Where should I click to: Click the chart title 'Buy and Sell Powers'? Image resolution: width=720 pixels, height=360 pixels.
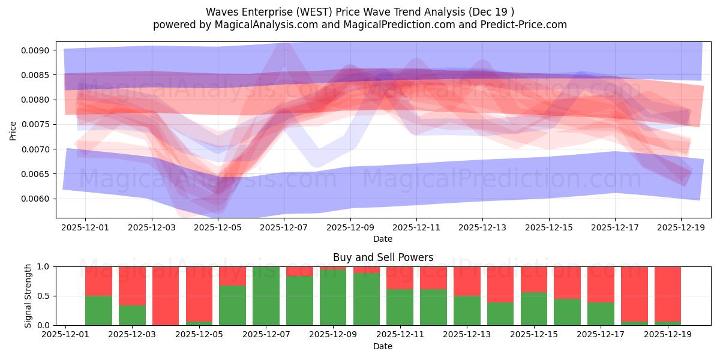(x=383, y=257)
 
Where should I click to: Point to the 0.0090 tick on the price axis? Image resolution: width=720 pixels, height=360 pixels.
(x=37, y=50)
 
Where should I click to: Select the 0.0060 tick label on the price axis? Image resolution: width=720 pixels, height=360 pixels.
(x=37, y=199)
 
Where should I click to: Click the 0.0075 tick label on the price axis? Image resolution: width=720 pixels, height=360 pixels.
(x=37, y=124)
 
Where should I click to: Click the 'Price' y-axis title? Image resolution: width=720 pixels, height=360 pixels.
(x=13, y=130)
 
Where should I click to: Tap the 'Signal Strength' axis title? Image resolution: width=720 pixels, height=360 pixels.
(x=28, y=296)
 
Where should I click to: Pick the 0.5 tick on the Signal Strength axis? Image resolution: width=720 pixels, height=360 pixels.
(x=44, y=296)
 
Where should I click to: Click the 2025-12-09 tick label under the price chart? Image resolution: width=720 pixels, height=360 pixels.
(x=350, y=228)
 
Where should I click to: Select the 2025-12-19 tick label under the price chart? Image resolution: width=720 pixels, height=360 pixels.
(x=680, y=228)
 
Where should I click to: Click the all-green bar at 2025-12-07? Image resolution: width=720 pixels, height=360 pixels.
(x=266, y=296)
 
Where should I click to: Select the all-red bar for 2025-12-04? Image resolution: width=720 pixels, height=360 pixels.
(x=166, y=296)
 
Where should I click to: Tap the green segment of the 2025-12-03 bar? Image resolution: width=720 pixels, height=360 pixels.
(x=132, y=315)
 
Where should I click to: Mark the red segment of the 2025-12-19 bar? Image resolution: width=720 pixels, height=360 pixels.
(x=667, y=294)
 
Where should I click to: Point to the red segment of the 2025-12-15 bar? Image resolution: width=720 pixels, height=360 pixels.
(x=533, y=279)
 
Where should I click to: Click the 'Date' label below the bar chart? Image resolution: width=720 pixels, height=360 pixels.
(x=383, y=346)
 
